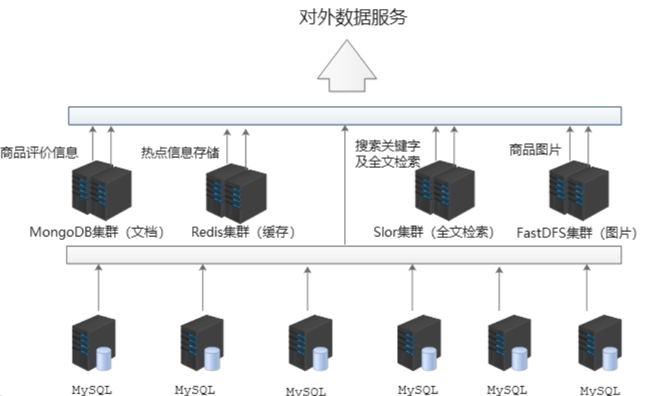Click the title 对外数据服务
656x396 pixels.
352,17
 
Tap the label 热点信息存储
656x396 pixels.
180,152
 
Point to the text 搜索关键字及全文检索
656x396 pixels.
388,154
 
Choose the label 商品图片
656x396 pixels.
534,150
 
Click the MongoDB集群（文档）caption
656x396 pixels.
97,232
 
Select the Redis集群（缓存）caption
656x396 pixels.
243,232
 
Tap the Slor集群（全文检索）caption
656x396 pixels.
433,232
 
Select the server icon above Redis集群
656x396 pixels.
236,192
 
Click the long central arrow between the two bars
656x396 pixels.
344,185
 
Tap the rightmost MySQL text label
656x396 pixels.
600,390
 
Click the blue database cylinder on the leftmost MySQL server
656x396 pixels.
104,359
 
